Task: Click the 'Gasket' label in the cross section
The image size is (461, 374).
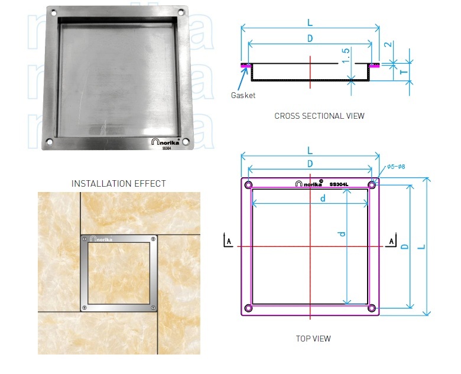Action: pyautogui.click(x=243, y=95)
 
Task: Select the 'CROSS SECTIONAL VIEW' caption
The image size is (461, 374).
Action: pyautogui.click(x=319, y=116)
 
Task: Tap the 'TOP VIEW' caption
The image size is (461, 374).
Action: pyautogui.click(x=313, y=339)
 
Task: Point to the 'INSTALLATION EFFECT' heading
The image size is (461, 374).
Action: pyautogui.click(x=118, y=184)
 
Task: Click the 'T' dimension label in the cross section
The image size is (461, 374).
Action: pyautogui.click(x=401, y=72)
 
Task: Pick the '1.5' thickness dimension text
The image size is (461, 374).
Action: pyautogui.click(x=346, y=57)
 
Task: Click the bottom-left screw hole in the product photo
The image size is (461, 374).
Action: pyautogui.click(x=48, y=141)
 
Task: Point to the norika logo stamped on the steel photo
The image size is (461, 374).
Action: pyautogui.click(x=167, y=142)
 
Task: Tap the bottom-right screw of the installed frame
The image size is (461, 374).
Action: pyautogui.click(x=154, y=307)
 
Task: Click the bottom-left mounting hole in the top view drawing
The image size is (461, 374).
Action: pyautogui.click(x=248, y=308)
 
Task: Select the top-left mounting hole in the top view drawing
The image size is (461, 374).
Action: pyautogui.click(x=248, y=186)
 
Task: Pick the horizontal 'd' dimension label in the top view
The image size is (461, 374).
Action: pyautogui.click(x=323, y=199)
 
